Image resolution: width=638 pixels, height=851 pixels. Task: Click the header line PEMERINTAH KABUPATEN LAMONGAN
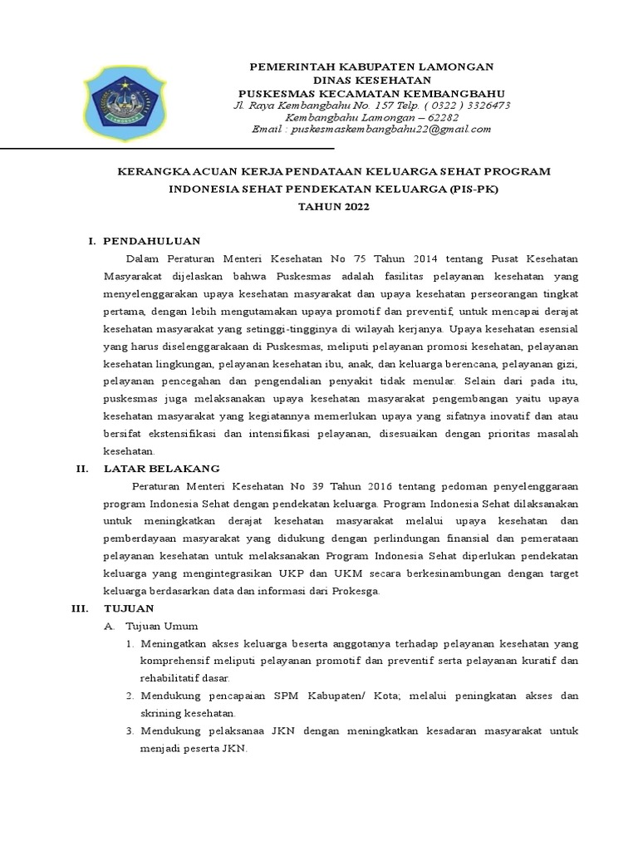[x=371, y=66]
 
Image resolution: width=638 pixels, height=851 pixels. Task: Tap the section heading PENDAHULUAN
[x=151, y=240]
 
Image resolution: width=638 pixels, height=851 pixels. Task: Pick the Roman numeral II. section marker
[x=81, y=469]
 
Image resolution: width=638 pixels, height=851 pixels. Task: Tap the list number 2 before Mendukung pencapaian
[x=130, y=696]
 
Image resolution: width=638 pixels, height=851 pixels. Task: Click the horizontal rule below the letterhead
[x=166, y=148]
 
